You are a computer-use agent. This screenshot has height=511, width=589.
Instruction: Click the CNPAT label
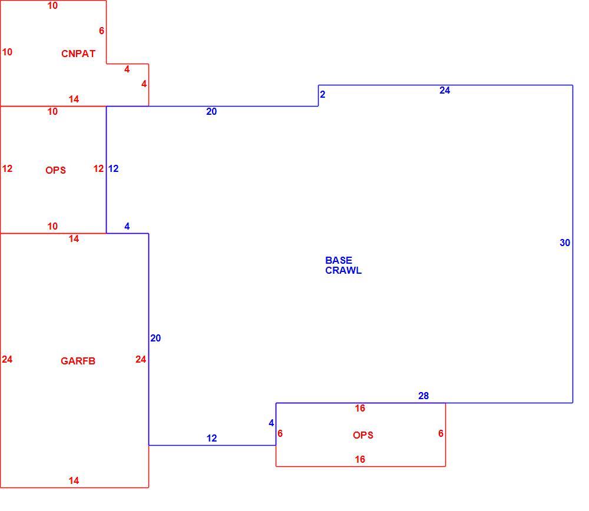78,54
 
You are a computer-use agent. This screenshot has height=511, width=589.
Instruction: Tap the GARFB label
78,361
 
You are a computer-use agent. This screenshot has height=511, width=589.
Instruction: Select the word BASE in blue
339,260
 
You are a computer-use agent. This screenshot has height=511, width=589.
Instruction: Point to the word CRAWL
343,270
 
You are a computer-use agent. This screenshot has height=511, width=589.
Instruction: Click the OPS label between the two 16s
363,435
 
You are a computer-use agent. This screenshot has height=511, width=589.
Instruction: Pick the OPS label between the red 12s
55,170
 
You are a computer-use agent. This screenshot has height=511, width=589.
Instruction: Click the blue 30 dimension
565,243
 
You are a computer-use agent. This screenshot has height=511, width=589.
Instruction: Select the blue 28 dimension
423,396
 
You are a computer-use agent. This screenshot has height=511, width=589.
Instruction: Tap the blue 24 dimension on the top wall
445,90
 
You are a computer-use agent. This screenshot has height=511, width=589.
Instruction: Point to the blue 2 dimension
322,94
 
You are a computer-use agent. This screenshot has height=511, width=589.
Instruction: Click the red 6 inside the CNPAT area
101,31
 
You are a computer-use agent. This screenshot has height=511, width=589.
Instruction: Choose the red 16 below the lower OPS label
360,459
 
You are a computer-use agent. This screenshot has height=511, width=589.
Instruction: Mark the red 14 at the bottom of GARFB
74,480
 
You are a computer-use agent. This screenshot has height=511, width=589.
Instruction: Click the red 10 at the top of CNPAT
52,6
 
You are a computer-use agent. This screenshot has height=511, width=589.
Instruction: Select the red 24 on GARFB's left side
7,359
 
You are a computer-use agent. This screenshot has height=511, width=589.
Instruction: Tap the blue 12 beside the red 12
114,168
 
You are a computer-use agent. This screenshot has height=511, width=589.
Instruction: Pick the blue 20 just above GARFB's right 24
155,338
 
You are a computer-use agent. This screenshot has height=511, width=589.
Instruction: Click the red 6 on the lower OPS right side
441,433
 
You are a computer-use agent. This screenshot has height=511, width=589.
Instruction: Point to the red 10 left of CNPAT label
7,52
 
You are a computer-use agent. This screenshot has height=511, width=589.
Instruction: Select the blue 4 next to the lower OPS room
271,423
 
